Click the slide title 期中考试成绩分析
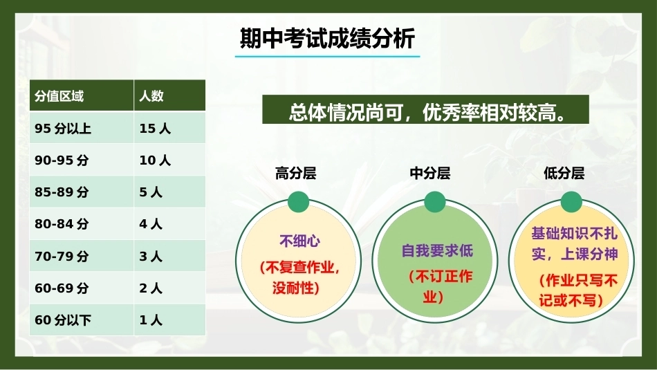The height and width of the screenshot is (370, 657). click(327, 39)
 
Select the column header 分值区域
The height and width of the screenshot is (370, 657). click(59, 96)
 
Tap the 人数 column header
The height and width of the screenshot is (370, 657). click(151, 96)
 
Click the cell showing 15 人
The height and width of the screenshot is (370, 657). click(155, 128)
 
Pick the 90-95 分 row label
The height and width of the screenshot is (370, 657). click(62, 160)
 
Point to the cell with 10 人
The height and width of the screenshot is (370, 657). click(155, 160)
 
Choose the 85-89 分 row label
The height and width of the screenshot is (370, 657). click(62, 192)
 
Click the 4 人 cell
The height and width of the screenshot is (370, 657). click(151, 224)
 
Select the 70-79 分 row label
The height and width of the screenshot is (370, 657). click(62, 256)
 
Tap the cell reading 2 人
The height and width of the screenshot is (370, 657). click(151, 288)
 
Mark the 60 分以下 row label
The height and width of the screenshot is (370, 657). click(63, 320)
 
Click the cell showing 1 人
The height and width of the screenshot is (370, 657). click(151, 320)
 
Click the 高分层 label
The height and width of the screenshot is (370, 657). click(296, 173)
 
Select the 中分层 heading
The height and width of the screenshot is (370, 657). click(430, 173)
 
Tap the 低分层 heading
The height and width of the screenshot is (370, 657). click(564, 173)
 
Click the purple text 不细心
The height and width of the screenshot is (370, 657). click(300, 241)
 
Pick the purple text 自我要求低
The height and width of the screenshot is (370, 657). click(437, 251)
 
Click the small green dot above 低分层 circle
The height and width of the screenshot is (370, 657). click(571, 202)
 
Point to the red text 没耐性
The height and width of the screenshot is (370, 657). click(293, 288)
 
